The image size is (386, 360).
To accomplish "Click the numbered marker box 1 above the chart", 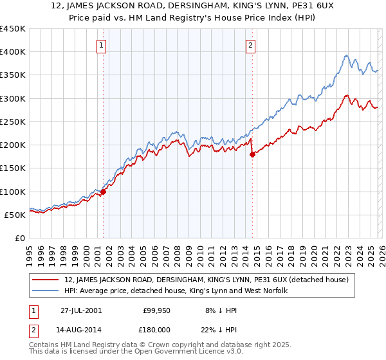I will tap(102, 45).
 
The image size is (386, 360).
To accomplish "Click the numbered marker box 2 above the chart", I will tap(250, 45).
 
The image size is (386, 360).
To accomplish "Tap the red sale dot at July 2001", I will tap(103, 192).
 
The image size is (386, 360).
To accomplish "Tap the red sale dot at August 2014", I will tap(252, 154).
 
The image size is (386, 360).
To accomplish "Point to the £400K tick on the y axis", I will tap(13, 52).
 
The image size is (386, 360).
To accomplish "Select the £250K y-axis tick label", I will tap(13, 122).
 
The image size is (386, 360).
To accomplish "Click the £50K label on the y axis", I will tap(15, 215).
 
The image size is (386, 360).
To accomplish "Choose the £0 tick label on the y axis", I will tap(21, 238).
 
